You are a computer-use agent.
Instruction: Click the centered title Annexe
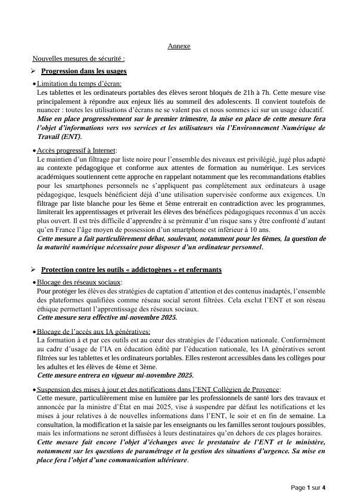[x=179, y=46]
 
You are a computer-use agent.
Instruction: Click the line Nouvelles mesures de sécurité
[x=79, y=58]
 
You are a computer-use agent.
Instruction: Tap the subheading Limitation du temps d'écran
[x=79, y=85]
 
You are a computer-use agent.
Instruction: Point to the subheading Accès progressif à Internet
[x=77, y=150]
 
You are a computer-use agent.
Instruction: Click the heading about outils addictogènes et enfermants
[x=132, y=270]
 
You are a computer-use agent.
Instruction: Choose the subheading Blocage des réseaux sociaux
[x=79, y=282]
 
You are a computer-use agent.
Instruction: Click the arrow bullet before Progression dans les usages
[x=34, y=71]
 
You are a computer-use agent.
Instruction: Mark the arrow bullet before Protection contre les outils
[x=34, y=270]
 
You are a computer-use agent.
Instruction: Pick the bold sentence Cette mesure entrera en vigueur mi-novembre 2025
[x=115, y=375]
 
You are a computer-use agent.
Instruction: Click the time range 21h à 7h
[x=250, y=93]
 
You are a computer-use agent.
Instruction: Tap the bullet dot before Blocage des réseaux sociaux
[x=34, y=283]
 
